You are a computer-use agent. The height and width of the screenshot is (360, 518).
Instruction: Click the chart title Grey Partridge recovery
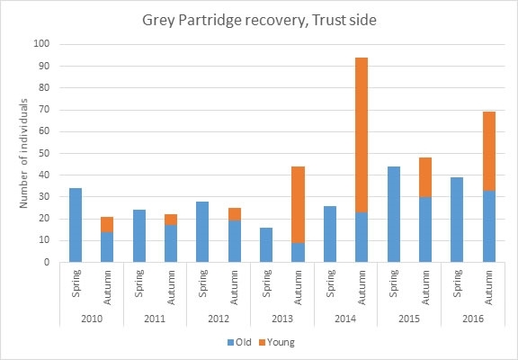pos(259,21)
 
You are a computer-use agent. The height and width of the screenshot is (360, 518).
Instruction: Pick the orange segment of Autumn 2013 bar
pos(297,204)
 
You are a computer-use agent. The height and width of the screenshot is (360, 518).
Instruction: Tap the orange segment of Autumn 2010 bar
pos(106,224)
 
